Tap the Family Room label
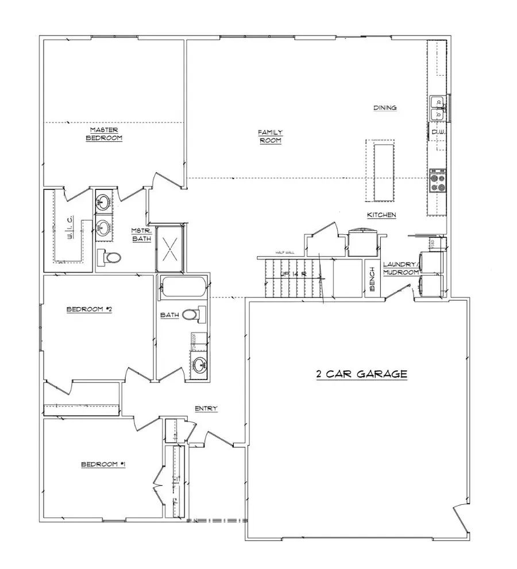tap(270, 136)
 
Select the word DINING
tap(385, 107)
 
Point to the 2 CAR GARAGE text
tap(362, 374)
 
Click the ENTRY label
tap(206, 408)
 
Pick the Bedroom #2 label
tap(88, 309)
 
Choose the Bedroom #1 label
tap(103, 464)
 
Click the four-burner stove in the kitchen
tap(438, 182)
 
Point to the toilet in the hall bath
tap(198, 315)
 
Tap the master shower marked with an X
tap(170, 249)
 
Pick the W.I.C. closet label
tap(69, 226)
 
